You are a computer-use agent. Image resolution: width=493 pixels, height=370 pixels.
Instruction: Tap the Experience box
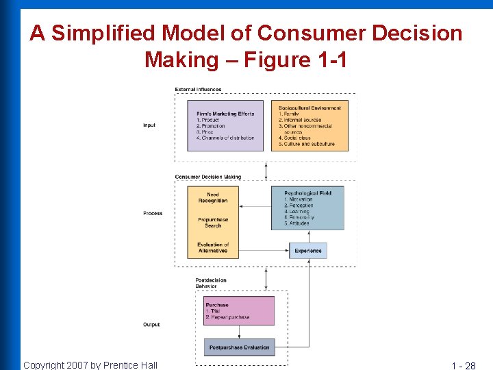click(308, 251)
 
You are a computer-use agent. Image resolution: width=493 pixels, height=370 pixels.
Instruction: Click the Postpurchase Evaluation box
click(239, 347)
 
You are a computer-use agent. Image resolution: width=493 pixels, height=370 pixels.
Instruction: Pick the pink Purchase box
click(239, 310)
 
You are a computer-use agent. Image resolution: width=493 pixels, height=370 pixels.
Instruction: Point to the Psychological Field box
click(307, 208)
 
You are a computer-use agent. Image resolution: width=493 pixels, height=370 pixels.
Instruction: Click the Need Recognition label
click(213, 198)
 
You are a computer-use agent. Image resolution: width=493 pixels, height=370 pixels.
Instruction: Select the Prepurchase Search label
click(213, 223)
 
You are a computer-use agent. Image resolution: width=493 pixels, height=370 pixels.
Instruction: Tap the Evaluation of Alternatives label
click(213, 247)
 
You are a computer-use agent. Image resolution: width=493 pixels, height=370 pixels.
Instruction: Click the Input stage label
click(149, 125)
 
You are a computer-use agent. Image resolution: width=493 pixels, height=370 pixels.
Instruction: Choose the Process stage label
click(153, 213)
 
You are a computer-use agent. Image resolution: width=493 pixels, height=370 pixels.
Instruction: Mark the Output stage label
click(151, 324)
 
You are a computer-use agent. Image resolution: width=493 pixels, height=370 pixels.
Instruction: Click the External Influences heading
click(198, 89)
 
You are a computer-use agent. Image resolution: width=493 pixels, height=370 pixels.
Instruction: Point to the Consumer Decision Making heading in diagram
click(207, 177)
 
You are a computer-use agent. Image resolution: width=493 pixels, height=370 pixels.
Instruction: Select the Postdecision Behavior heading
click(210, 283)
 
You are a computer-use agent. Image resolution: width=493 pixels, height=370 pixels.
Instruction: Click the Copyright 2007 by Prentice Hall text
click(90, 365)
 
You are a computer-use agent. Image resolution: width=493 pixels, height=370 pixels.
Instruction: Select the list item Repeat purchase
click(229, 317)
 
